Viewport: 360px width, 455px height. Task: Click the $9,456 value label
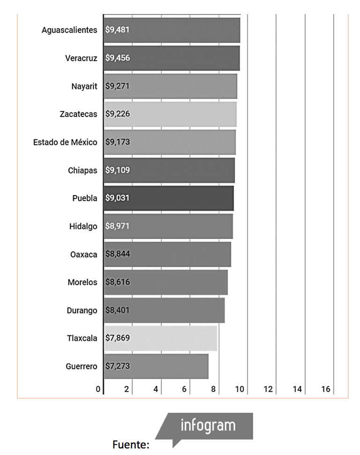[117, 58]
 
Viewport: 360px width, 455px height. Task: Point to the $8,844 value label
[117, 254]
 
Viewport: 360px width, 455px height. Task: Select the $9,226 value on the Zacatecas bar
[117, 114]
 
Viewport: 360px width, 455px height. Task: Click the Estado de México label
[65, 142]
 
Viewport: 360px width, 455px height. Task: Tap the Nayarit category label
[84, 86]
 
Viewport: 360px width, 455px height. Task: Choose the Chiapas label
[82, 170]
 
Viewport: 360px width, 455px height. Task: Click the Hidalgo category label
[83, 227]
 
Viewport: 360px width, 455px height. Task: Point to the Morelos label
[82, 282]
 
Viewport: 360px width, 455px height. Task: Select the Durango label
[82, 311]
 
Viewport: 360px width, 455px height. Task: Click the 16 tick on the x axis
[326, 389]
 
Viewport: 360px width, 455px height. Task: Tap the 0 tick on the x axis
[98, 389]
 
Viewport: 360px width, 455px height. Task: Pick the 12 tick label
[268, 389]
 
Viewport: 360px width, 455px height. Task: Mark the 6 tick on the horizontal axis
[184, 389]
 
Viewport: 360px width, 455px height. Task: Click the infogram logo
[208, 425]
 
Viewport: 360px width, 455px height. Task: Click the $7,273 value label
[117, 366]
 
